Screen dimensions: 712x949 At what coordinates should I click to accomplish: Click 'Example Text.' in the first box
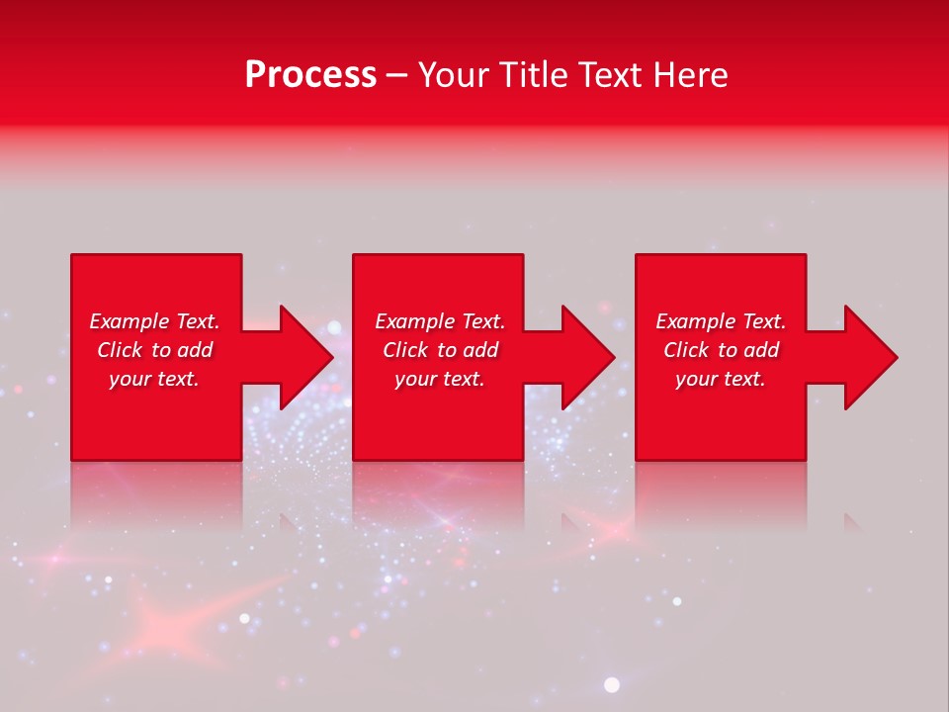pyautogui.click(x=154, y=321)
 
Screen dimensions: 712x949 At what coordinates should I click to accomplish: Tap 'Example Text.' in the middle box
pyautogui.click(x=440, y=321)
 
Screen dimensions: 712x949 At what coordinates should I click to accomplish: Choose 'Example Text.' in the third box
pyautogui.click(x=721, y=321)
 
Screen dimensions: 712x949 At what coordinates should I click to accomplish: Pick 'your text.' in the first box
pyautogui.click(x=154, y=379)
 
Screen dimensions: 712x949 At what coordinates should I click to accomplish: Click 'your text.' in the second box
pyautogui.click(x=440, y=379)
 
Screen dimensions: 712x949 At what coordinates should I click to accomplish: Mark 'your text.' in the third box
pyautogui.click(x=721, y=379)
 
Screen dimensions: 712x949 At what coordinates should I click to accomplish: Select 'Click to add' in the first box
pyautogui.click(x=154, y=350)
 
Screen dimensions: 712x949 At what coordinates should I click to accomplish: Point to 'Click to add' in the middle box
pyautogui.click(x=440, y=350)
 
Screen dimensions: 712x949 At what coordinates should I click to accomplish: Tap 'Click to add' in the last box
pyautogui.click(x=721, y=350)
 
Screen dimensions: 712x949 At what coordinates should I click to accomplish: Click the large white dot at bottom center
pyautogui.click(x=612, y=684)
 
